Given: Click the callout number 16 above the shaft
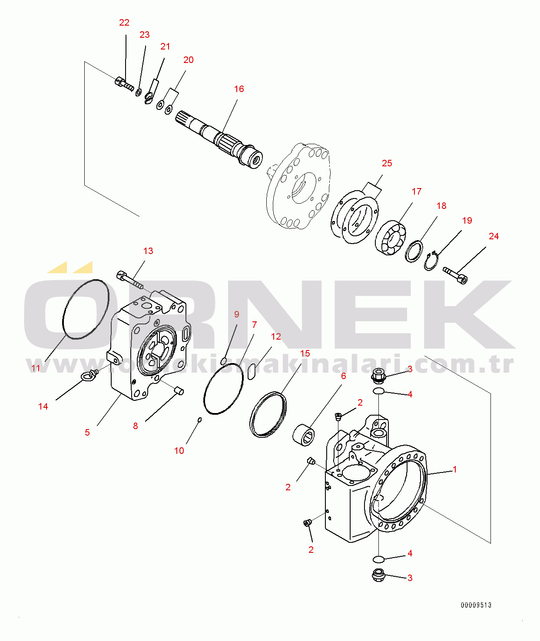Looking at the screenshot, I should [239, 89].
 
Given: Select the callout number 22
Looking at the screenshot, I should [124, 23].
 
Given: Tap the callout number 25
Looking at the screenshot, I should [387, 163].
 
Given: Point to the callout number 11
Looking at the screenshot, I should [36, 368].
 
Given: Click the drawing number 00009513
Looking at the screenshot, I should [476, 605].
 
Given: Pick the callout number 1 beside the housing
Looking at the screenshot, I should [455, 469].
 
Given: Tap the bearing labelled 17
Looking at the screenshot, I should [391, 238].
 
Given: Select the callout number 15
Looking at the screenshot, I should [305, 354].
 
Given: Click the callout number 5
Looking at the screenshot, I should [87, 433].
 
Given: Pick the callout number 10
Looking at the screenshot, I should [179, 451].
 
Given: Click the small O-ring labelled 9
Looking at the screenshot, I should [224, 361].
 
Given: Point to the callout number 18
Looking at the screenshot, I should [441, 206].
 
